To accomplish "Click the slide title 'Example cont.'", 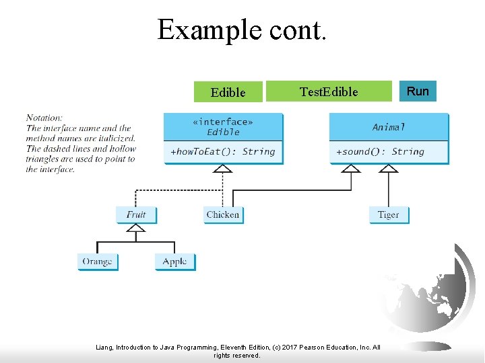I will coord(242,30).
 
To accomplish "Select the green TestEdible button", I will coord(329,91).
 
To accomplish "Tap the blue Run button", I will coord(418,91).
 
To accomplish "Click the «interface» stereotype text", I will coord(223,122).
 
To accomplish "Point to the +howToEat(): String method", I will coord(223,152).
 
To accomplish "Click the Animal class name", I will coord(389,127).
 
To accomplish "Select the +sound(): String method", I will coord(380,152).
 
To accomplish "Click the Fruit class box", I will coord(136,214).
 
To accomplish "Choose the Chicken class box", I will coord(223,214).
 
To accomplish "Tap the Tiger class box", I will coord(389,214).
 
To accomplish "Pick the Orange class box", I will coord(97,261).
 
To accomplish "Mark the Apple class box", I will coord(175,261).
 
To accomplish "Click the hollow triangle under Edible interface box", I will coord(222,169).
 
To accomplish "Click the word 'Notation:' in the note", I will coord(44,118).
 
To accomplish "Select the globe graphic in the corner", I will coord(431,296).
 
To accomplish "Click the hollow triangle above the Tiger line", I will coord(389,169).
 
